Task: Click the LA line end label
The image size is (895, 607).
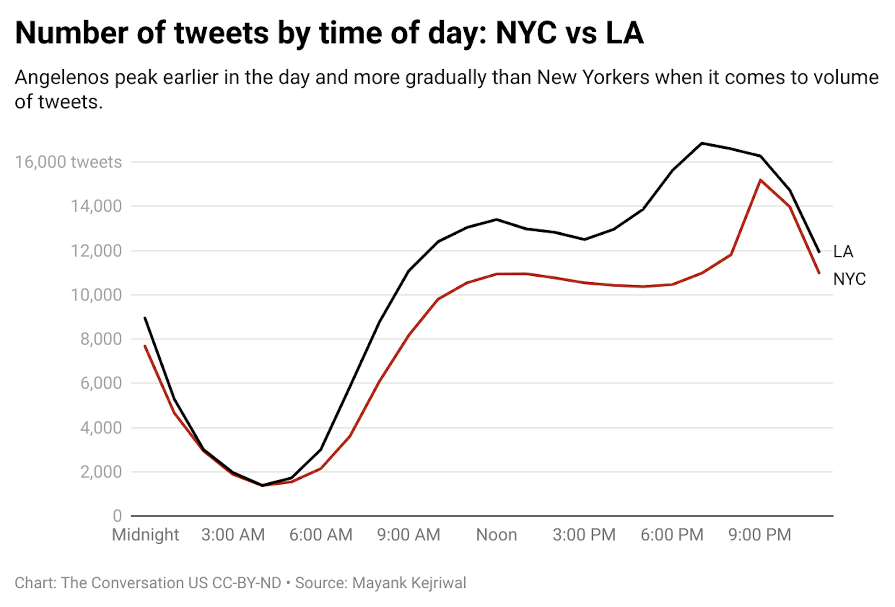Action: click(843, 252)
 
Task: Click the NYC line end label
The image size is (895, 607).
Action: click(849, 279)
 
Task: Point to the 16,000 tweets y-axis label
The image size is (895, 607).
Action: click(68, 162)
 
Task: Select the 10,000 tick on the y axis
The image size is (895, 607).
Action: click(96, 295)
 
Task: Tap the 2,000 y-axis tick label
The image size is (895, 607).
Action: click(101, 472)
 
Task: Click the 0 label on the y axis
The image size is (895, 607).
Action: click(117, 516)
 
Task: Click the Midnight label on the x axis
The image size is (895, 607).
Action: click(145, 535)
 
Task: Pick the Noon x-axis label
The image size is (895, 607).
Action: click(496, 535)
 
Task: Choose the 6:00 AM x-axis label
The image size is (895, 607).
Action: click(321, 535)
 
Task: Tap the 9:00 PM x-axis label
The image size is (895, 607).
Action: click(760, 535)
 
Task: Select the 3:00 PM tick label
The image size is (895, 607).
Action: click(584, 535)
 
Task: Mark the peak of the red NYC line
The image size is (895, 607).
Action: click(760, 180)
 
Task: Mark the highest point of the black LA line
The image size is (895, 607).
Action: click(702, 143)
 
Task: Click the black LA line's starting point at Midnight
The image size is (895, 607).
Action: click(145, 318)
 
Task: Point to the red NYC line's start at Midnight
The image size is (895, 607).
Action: click(145, 346)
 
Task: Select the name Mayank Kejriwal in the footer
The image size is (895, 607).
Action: click(409, 583)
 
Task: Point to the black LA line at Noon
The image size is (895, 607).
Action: click(496, 219)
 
